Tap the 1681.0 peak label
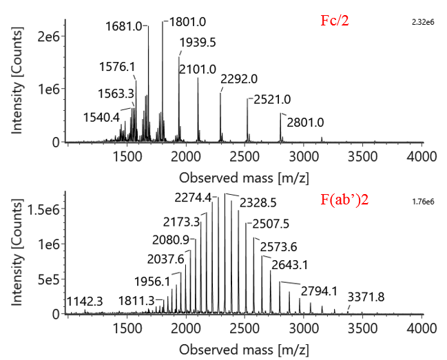[x=124, y=26]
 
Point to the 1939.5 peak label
[x=198, y=43]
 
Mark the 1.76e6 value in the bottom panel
[x=419, y=202]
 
